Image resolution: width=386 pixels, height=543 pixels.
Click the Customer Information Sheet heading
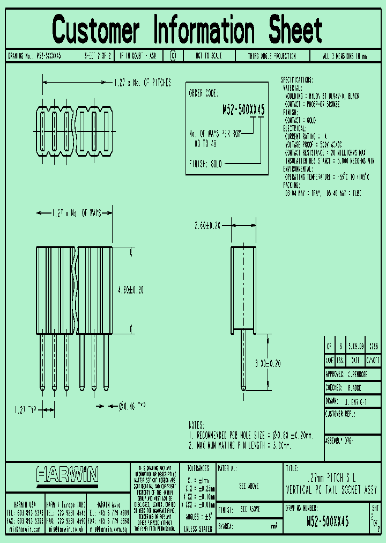pos(188,30)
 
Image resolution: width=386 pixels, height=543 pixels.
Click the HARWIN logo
pos(68,474)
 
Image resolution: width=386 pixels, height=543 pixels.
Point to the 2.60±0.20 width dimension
pos(207,226)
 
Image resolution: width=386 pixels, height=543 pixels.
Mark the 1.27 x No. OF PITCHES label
pos(142,83)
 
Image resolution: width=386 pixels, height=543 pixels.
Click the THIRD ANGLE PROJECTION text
pos(279,56)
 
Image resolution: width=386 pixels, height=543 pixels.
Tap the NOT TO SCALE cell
pos(207,56)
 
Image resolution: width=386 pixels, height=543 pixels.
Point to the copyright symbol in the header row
pos(172,56)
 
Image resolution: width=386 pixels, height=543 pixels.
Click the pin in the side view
pos(244,359)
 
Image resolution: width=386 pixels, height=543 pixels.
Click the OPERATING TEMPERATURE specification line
pos(327,177)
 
